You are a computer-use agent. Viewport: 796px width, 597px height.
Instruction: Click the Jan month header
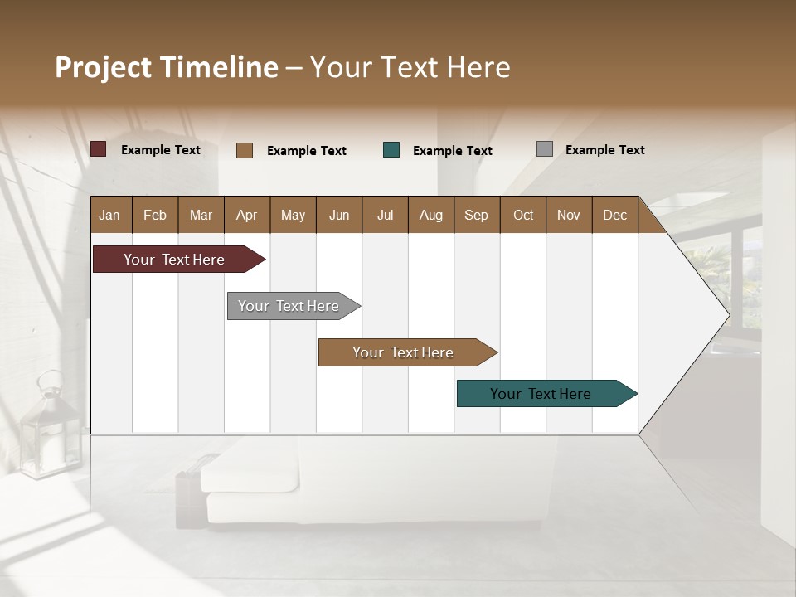tap(110, 215)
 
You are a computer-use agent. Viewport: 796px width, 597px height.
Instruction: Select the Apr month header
tap(246, 215)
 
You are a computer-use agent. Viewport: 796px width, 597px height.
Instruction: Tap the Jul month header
tap(385, 215)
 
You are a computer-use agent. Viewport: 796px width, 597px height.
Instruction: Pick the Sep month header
tap(476, 215)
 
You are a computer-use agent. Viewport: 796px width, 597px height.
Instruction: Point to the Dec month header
tap(614, 215)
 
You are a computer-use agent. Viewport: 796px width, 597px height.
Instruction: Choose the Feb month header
tap(155, 215)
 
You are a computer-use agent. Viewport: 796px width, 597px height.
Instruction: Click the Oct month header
tap(523, 215)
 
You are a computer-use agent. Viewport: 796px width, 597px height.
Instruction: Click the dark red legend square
tap(98, 149)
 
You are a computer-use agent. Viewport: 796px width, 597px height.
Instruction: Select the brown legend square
tap(244, 150)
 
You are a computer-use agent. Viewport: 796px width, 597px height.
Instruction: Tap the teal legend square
tap(391, 150)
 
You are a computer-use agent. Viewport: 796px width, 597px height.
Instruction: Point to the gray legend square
tap(544, 149)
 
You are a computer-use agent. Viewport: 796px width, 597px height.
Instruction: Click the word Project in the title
tap(104, 67)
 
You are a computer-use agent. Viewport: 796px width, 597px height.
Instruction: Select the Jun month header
tap(339, 215)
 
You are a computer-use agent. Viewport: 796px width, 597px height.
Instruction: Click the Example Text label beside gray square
tap(604, 150)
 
